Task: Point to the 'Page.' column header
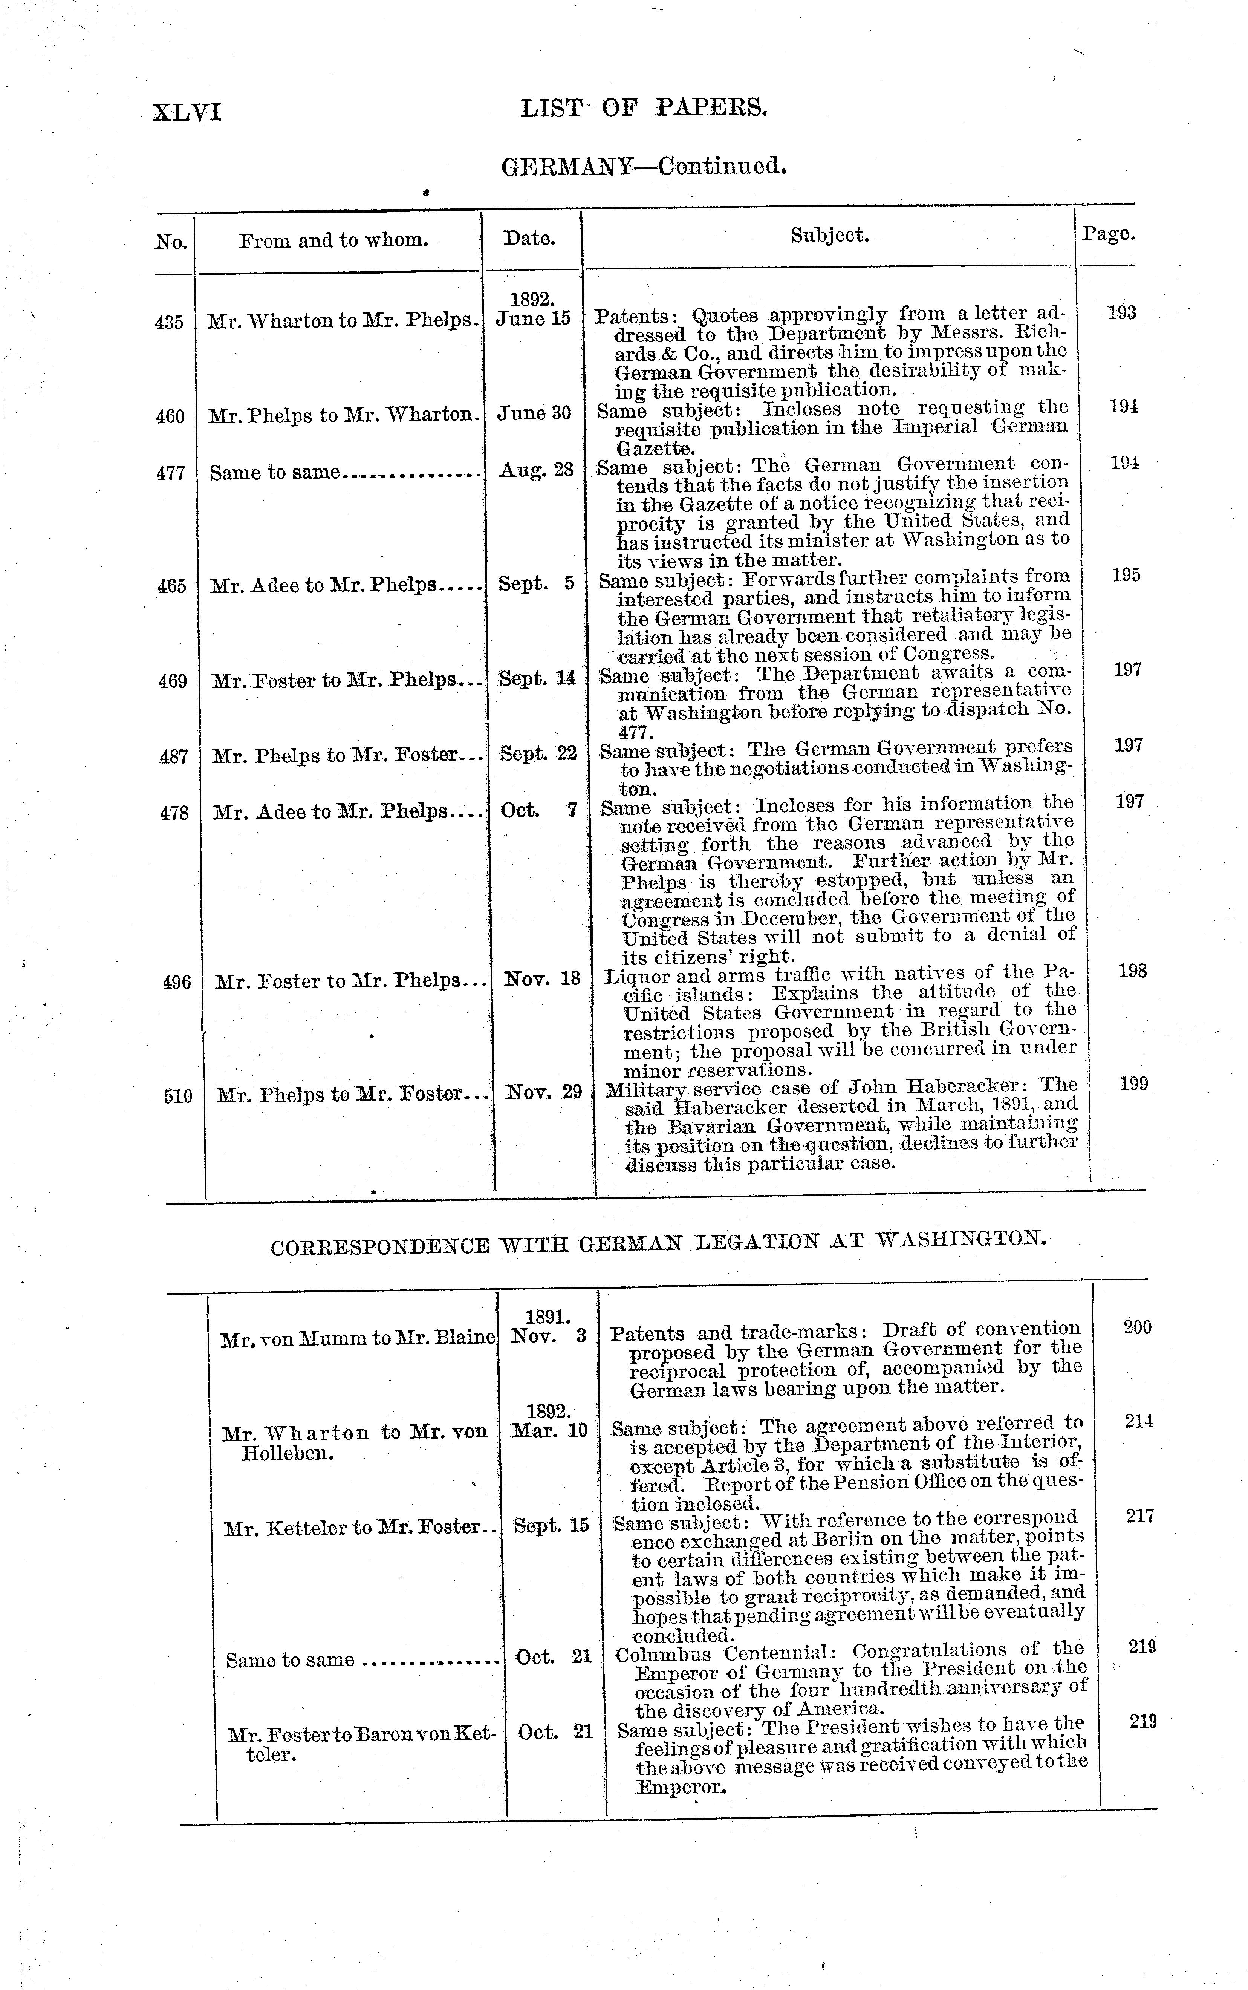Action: [x=1109, y=234]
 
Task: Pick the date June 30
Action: [x=534, y=413]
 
